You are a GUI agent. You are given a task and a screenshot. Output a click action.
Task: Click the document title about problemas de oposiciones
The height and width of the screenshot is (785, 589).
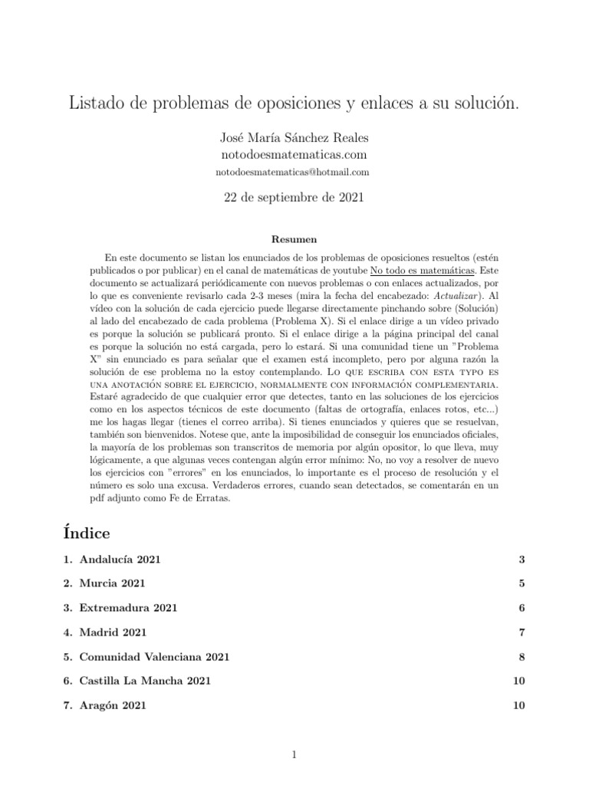pyautogui.click(x=294, y=103)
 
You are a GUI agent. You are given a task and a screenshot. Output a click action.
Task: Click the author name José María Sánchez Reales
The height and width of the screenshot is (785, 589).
pyautogui.click(x=294, y=137)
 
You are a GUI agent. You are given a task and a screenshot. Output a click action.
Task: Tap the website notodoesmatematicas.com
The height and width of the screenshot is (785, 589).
pyautogui.click(x=294, y=155)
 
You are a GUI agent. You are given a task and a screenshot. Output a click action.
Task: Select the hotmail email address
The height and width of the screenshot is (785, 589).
pyautogui.click(x=294, y=172)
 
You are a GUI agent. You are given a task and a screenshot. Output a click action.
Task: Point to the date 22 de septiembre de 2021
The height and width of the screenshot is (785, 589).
pyautogui.click(x=294, y=198)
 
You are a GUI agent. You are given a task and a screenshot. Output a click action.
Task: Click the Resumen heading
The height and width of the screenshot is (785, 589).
pyautogui.click(x=294, y=239)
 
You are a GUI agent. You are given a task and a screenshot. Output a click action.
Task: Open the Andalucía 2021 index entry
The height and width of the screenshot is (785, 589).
pyautogui.click(x=120, y=560)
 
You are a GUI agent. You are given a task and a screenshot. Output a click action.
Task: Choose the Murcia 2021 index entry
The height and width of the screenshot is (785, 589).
pyautogui.click(x=112, y=583)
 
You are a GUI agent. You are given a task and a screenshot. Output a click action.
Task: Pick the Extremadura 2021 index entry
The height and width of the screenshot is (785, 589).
pyautogui.click(x=128, y=608)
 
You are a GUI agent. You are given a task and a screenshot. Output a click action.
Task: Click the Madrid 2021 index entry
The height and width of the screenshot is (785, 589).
pyautogui.click(x=113, y=632)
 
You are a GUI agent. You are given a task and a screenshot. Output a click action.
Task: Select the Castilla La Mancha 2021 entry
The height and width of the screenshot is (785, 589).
pyautogui.click(x=144, y=681)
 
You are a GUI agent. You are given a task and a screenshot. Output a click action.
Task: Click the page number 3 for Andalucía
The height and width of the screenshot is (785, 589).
pyautogui.click(x=522, y=560)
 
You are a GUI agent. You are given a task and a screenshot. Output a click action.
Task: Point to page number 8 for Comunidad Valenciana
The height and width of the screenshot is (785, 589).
pyautogui.click(x=522, y=657)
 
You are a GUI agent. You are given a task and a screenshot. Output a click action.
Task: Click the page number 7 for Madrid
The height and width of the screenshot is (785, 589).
pyautogui.click(x=522, y=632)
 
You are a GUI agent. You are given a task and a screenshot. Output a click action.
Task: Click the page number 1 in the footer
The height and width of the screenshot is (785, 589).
pyautogui.click(x=294, y=756)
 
